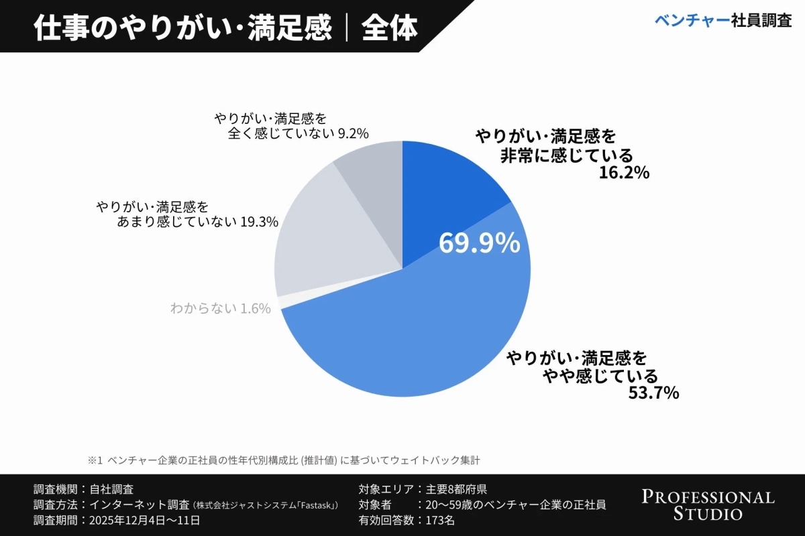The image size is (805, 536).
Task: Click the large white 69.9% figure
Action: [479, 243]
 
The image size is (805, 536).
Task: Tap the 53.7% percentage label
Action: [653, 393]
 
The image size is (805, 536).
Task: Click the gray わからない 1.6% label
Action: [220, 308]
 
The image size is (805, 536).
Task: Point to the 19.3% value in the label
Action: [259, 222]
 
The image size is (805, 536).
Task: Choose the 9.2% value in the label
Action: [353, 133]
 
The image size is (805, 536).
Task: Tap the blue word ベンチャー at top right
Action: [692, 20]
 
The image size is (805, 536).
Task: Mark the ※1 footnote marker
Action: [94, 461]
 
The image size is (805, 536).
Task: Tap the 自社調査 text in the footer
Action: [111, 489]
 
